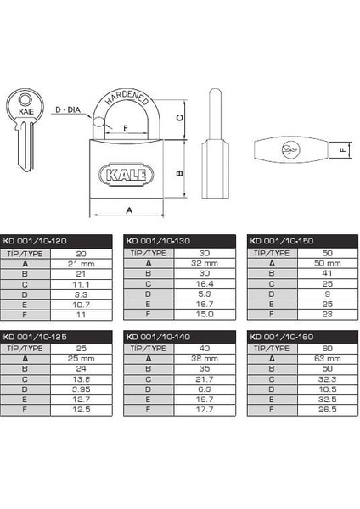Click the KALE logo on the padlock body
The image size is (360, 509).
127,175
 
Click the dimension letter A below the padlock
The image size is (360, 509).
127,210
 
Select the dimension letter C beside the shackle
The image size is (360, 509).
178,117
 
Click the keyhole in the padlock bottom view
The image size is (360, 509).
291,151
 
